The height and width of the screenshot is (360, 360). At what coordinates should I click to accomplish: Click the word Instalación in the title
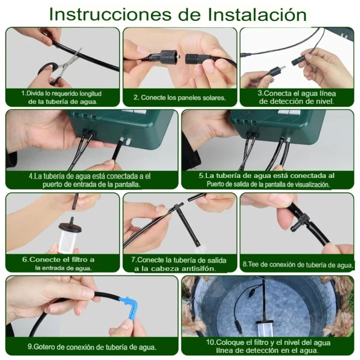coord(257,15)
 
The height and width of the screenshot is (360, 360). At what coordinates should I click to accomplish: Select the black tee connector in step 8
coord(301,221)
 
